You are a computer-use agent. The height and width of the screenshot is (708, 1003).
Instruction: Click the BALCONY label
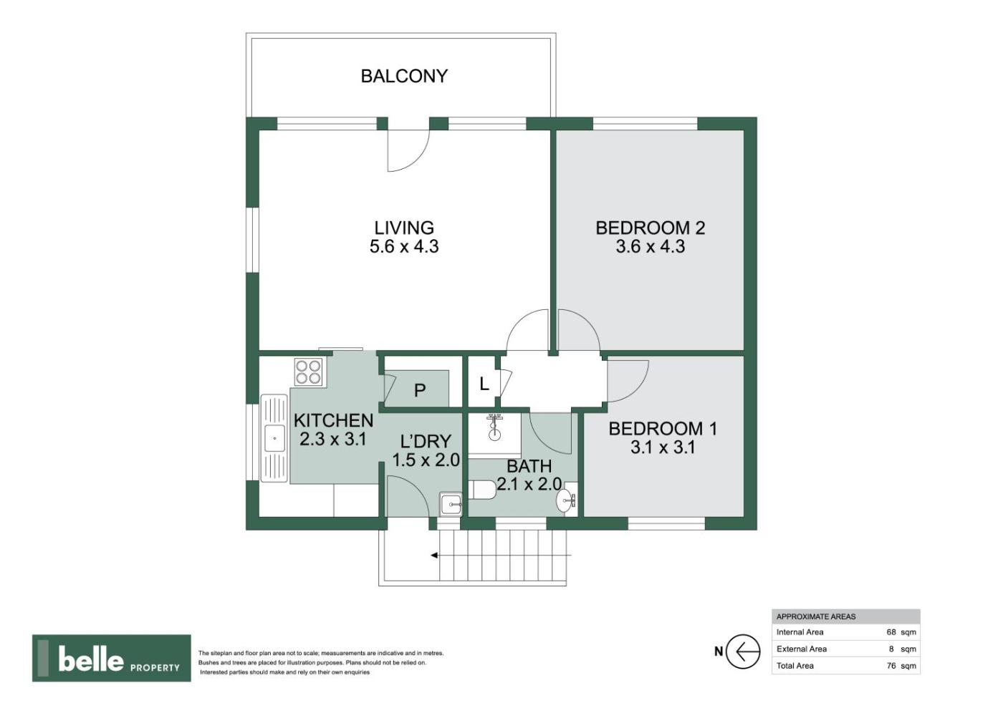click(x=404, y=76)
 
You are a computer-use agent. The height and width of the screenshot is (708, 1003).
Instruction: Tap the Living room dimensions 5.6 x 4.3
click(x=404, y=246)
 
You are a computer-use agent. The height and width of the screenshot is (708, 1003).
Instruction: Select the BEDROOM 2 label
click(x=651, y=228)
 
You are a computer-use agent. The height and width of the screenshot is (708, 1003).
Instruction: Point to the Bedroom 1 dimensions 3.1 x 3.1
click(x=663, y=447)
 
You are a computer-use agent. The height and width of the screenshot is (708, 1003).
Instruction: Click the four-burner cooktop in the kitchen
click(x=309, y=372)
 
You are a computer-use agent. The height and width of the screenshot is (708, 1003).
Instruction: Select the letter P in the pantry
click(x=420, y=391)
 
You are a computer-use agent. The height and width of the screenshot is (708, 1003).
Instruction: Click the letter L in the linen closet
click(x=484, y=384)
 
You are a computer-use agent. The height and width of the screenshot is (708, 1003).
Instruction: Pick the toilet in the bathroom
click(x=481, y=490)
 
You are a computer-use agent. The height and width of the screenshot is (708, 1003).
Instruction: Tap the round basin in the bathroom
click(x=565, y=500)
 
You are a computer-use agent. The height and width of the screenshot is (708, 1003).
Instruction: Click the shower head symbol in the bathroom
click(x=494, y=426)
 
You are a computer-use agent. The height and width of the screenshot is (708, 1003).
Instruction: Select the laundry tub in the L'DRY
click(x=451, y=504)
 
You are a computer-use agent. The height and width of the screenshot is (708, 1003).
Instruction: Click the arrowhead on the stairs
click(x=434, y=556)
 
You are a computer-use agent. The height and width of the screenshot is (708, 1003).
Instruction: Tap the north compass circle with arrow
click(x=743, y=651)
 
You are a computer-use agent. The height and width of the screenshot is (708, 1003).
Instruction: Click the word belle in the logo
click(x=91, y=659)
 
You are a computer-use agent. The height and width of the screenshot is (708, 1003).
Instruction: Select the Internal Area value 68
click(x=891, y=632)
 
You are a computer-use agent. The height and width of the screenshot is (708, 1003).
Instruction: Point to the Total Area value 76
click(x=891, y=666)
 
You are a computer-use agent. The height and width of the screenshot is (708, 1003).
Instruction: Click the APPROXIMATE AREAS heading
click(x=816, y=616)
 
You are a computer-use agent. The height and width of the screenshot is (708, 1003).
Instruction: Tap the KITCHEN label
click(x=333, y=420)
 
